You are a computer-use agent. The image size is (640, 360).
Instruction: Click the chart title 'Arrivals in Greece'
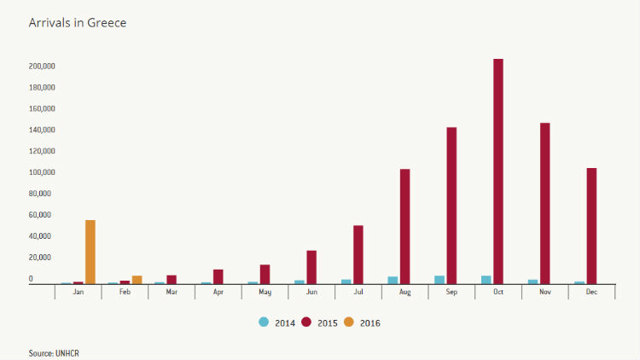(x=78, y=23)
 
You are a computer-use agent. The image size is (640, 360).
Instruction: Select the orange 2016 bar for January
(x=90, y=252)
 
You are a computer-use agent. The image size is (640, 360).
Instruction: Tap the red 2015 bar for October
(x=498, y=171)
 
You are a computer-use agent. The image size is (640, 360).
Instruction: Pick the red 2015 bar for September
(x=451, y=206)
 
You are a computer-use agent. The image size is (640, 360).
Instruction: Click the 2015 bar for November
(x=545, y=203)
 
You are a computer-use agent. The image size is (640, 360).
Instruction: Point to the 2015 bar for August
(x=404, y=226)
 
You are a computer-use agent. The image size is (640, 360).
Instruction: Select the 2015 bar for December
(x=591, y=226)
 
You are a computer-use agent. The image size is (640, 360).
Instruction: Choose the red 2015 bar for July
(x=358, y=254)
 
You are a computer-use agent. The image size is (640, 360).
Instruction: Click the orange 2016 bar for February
(x=137, y=280)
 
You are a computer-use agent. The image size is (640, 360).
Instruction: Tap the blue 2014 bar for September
(x=439, y=280)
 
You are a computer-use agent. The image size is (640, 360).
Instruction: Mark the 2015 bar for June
(x=311, y=267)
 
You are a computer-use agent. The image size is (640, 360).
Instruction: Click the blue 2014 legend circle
(x=264, y=322)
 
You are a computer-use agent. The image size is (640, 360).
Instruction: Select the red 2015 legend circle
(x=306, y=322)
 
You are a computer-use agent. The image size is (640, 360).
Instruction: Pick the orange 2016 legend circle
(x=349, y=322)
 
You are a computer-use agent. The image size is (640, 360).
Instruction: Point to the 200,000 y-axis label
(x=42, y=67)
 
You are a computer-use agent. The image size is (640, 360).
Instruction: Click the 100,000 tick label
(x=42, y=172)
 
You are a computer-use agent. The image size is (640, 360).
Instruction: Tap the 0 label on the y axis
(x=31, y=279)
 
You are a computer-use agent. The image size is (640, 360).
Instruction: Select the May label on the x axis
(x=265, y=292)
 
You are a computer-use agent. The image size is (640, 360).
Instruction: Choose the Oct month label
(x=498, y=292)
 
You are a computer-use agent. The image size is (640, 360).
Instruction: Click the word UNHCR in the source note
(x=67, y=353)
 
